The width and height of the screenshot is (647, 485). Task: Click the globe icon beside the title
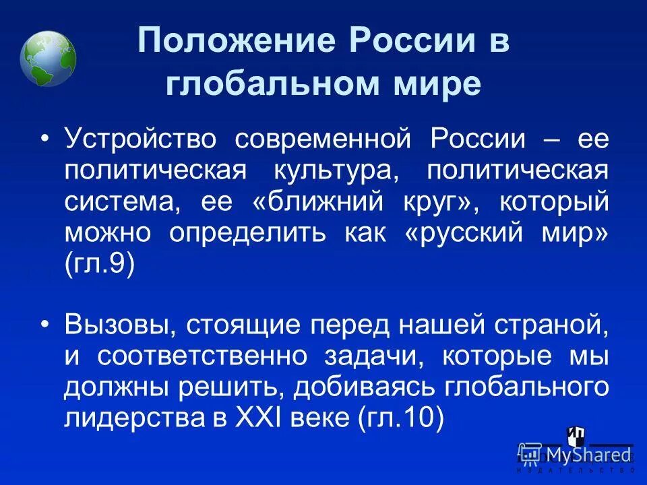tap(48, 59)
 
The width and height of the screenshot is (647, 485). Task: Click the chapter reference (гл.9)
tap(100, 264)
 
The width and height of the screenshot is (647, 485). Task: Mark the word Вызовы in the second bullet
tap(116, 325)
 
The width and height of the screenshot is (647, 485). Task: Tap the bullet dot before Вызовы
tap(45, 325)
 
